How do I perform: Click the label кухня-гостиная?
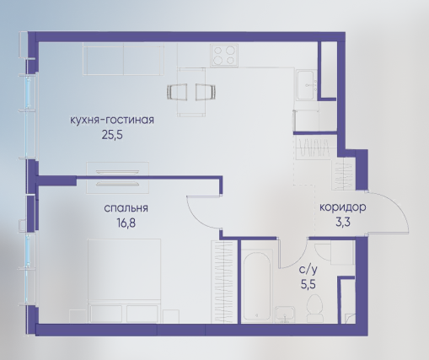(112, 120)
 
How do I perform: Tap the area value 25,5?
(112, 136)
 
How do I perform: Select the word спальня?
(126, 208)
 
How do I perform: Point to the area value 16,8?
(126, 223)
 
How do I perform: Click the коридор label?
(343, 207)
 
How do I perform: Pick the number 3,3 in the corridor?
(343, 223)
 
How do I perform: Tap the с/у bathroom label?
(308, 270)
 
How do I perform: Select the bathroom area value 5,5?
(308, 285)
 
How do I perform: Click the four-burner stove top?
(224, 56)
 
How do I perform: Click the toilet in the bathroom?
(314, 308)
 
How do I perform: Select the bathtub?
(257, 285)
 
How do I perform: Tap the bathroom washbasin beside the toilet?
(285, 314)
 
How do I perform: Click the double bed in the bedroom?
(124, 281)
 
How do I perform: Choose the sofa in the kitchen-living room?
(123, 60)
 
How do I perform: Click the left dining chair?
(177, 92)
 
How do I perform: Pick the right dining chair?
(206, 92)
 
